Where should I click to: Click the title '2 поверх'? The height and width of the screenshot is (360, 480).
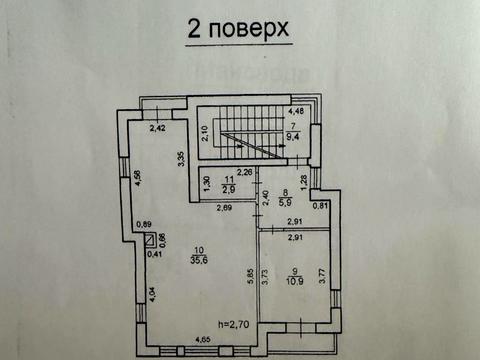pos(239,30)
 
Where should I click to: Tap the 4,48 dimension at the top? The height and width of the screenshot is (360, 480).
pos(297,111)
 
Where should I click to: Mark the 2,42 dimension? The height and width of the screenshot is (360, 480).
pos(158,128)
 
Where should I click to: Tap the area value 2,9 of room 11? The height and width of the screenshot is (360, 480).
pos(228,189)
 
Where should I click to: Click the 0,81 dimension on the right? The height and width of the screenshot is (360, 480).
pos(319,206)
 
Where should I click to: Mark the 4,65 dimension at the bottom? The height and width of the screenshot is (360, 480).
pos(204,342)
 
